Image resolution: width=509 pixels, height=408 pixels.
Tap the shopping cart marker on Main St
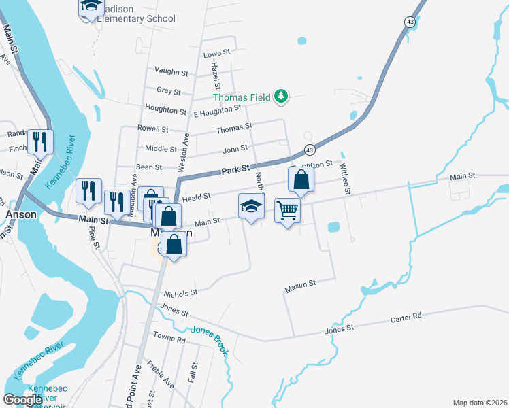pos(288,211)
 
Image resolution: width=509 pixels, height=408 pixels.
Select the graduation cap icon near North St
pos(251,206)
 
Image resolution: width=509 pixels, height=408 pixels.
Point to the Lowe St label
pos(218,52)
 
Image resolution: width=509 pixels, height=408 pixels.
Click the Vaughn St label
pos(171,71)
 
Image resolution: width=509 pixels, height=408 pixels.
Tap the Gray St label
pos(169,91)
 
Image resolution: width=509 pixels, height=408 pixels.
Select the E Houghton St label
pos(218,109)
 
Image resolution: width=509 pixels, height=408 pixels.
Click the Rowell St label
pos(153,129)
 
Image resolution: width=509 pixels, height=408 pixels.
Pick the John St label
pos(235,150)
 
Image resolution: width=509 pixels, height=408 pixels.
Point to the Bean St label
pos(149,167)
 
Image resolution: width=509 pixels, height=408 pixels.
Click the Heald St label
pos(196,196)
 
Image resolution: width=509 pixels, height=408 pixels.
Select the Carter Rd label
pos(407,316)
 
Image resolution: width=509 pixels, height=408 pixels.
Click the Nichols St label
pos(181,292)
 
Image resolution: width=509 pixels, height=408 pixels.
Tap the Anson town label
pos(16,214)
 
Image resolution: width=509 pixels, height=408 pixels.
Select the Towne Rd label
pos(169,338)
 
